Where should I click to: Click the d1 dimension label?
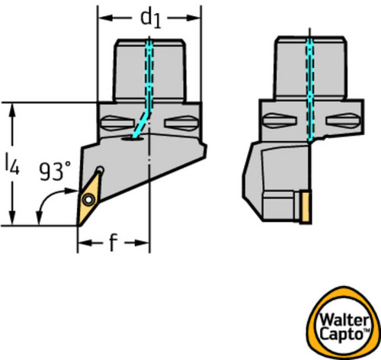coord(151,18)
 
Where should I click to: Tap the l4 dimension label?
coord(12,165)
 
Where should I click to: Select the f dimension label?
coord(114,243)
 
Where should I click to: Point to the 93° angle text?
coord(55,172)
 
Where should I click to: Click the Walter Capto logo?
coord(343,323)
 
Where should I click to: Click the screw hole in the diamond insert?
coord(88,200)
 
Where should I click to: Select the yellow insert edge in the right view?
coord(306,207)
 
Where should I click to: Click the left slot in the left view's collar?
coord(117,124)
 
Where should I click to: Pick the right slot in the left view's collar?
coord(181,124)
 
